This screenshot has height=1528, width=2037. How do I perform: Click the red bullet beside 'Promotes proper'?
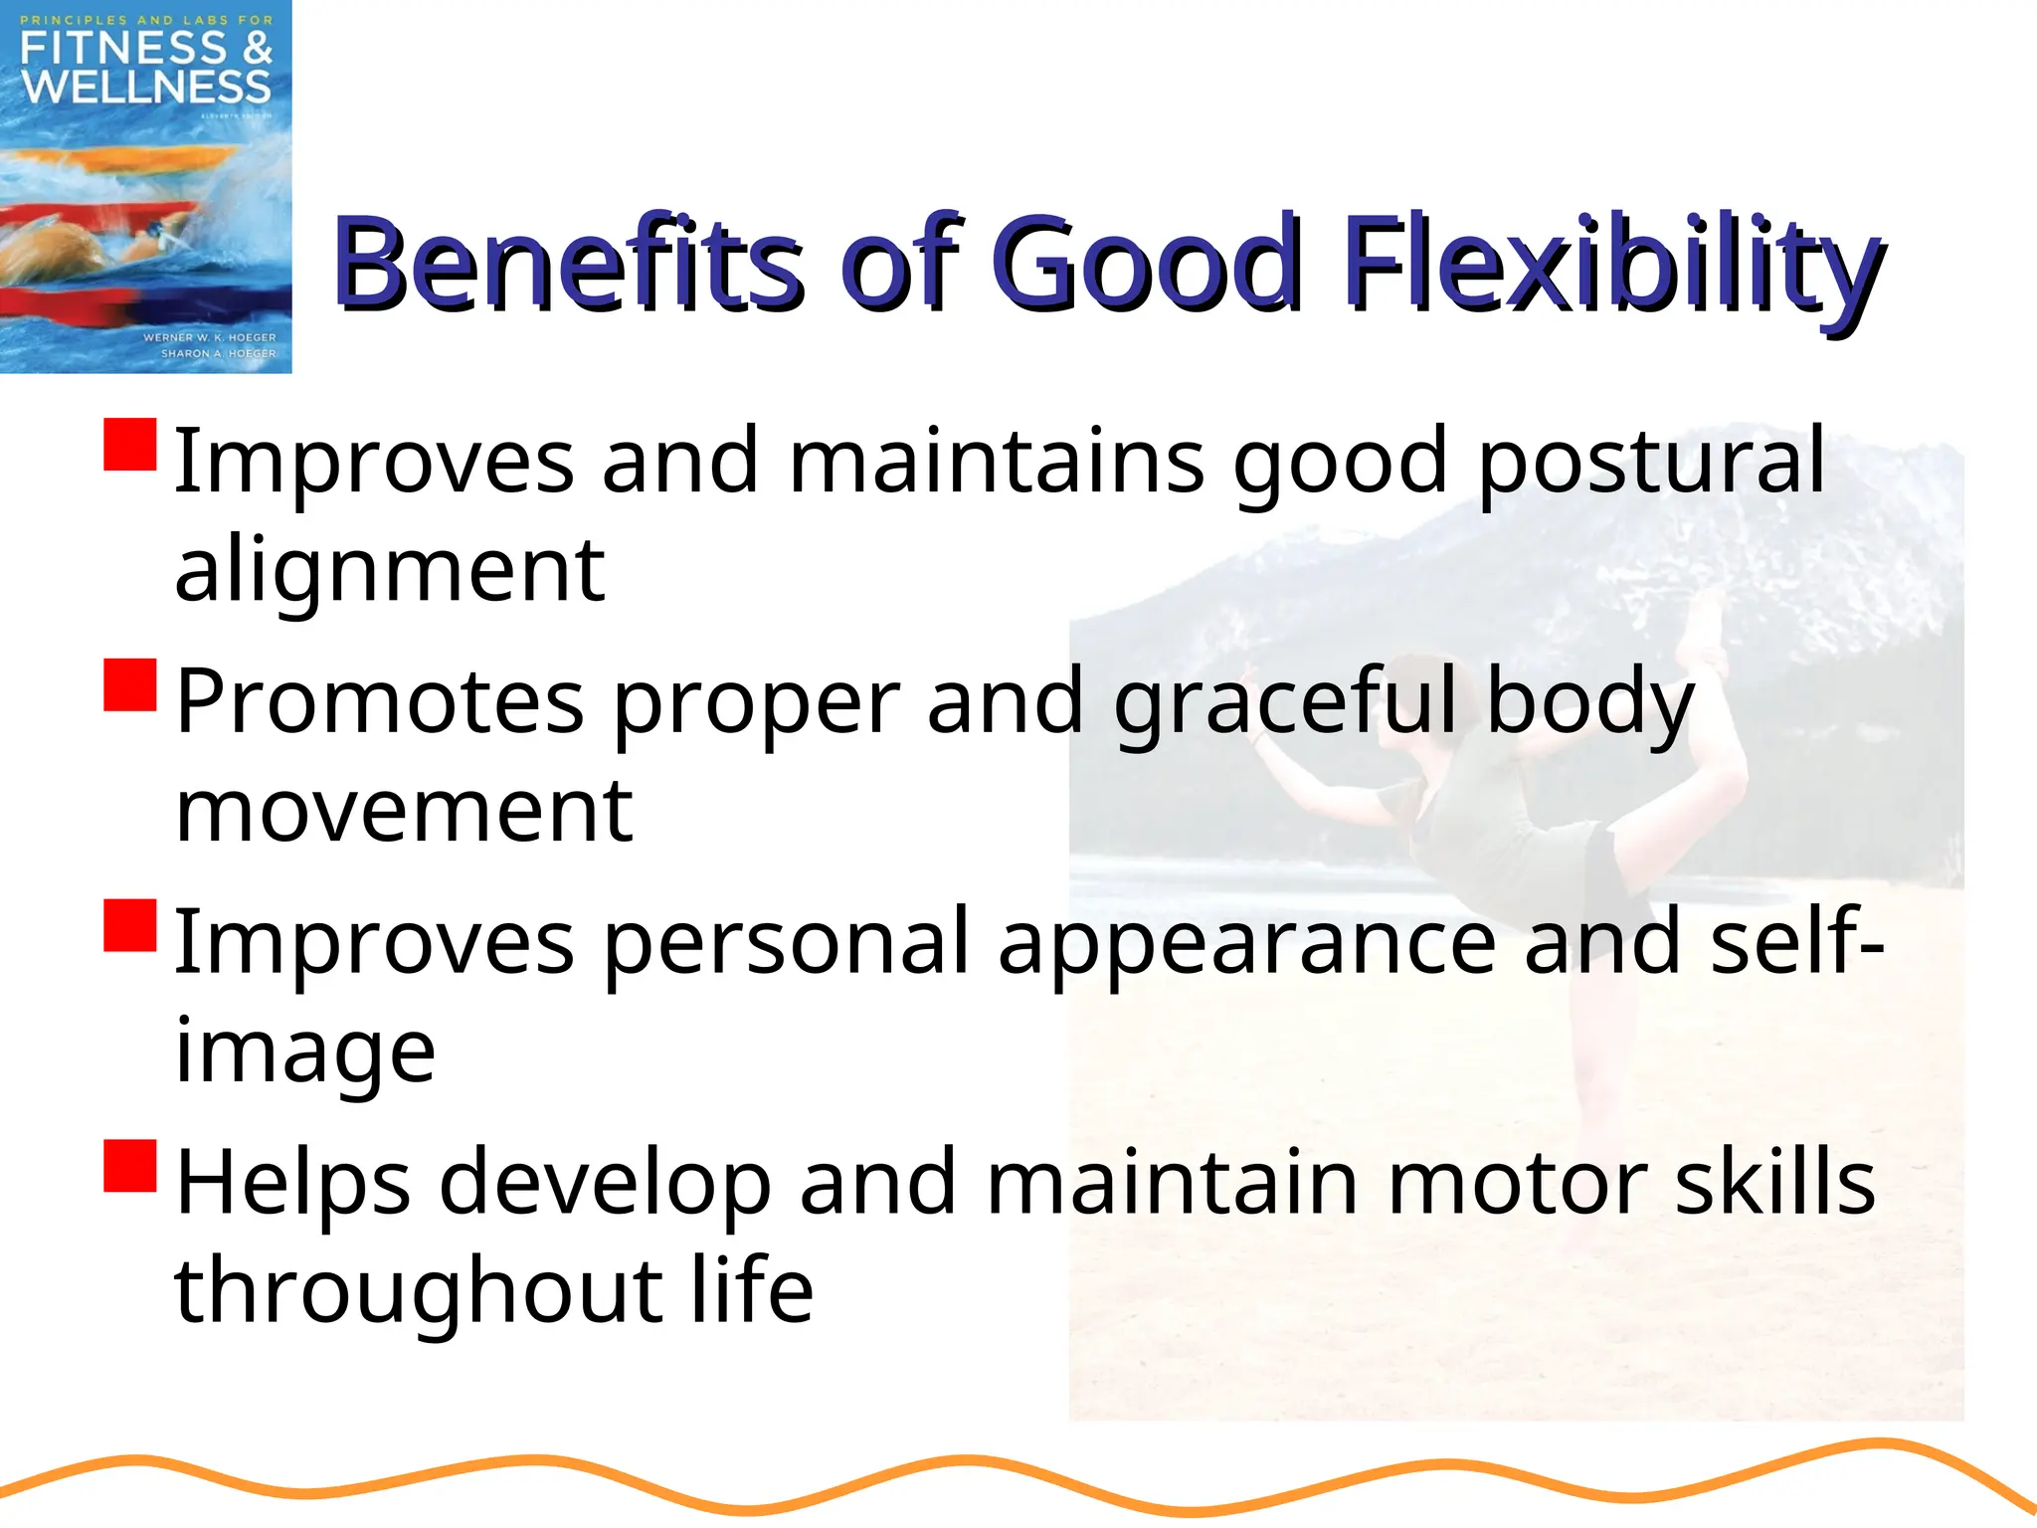point(130,685)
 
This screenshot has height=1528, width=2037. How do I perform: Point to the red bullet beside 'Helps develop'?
point(130,1166)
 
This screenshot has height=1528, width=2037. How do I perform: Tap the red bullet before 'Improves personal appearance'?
point(130,926)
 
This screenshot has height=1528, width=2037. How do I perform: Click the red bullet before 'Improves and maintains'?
point(130,445)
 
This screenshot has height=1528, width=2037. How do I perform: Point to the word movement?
point(404,810)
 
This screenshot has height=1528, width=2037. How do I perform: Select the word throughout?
point(418,1291)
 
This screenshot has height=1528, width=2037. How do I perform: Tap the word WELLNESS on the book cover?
point(146,88)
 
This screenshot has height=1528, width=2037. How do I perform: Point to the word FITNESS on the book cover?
point(119,48)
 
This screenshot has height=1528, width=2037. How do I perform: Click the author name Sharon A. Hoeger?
point(219,353)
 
